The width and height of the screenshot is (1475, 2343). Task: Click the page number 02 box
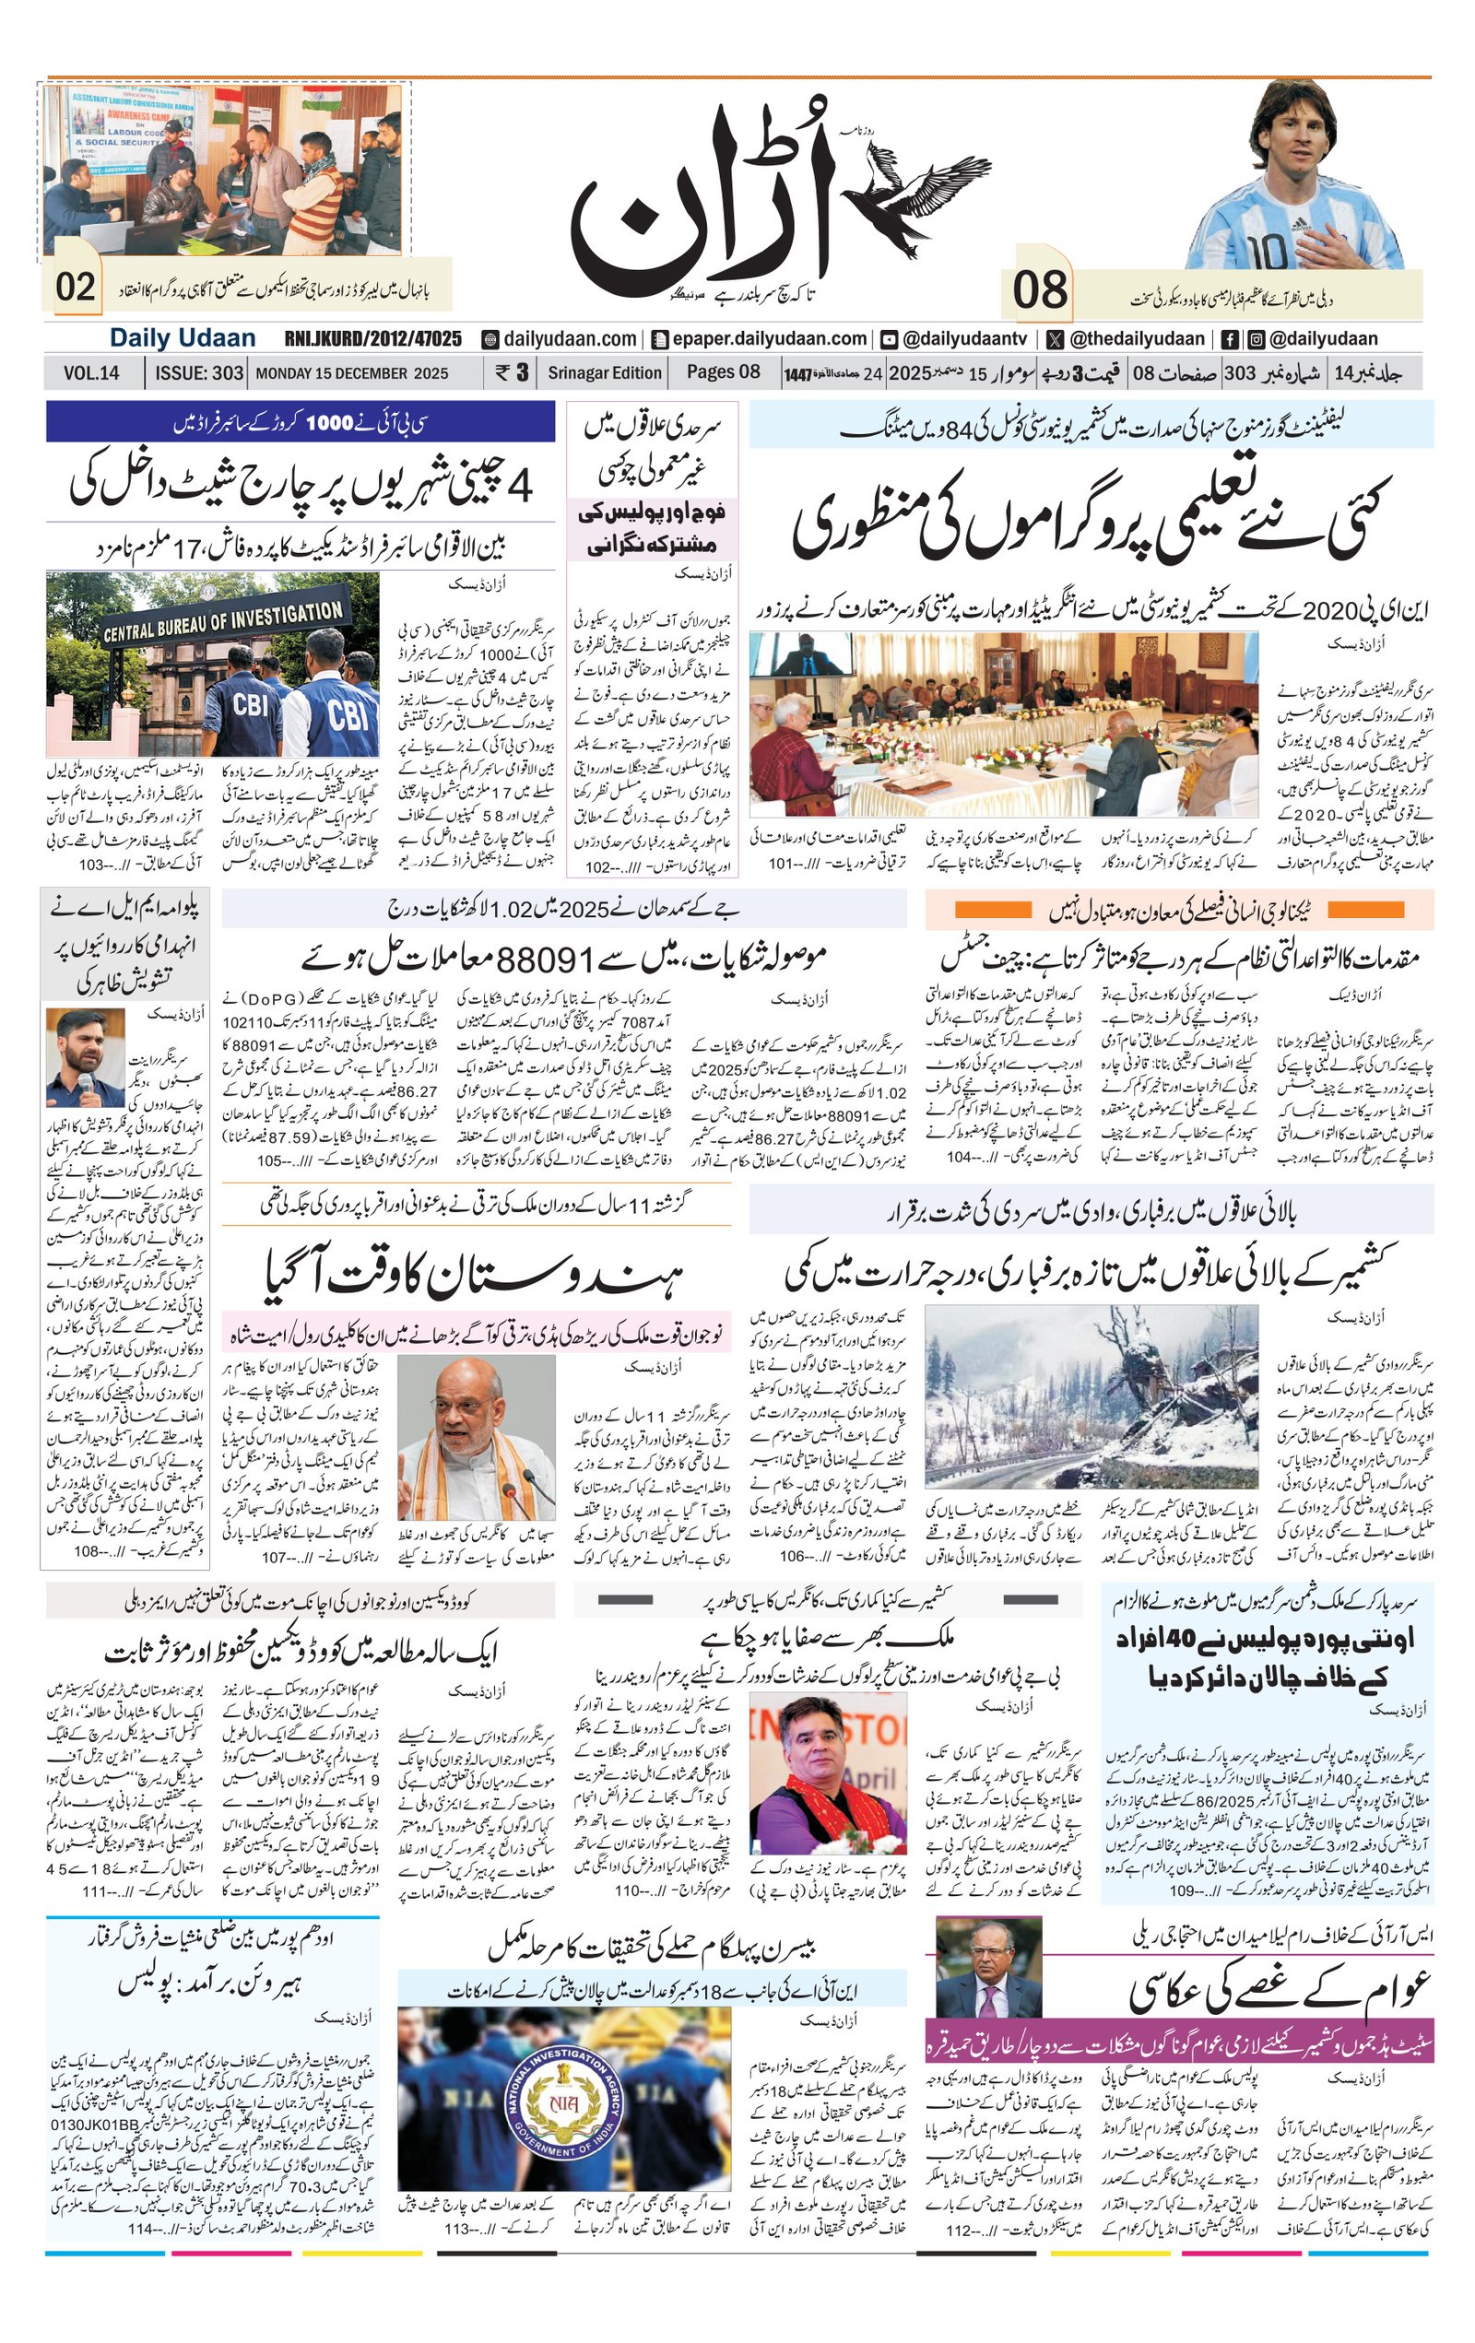click(75, 287)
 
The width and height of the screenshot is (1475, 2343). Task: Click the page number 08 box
click(1039, 290)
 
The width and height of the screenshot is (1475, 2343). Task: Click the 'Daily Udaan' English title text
click(182, 337)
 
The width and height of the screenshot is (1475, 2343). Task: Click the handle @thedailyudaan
click(1137, 338)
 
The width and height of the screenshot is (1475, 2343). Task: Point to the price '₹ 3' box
click(511, 371)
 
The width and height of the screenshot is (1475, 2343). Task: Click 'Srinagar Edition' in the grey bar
click(604, 371)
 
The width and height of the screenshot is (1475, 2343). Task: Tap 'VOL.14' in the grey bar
click(91, 372)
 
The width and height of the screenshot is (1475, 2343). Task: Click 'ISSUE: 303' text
click(199, 372)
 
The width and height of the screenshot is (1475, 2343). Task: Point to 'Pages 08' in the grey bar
click(723, 371)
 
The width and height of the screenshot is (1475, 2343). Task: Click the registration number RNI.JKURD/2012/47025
click(372, 338)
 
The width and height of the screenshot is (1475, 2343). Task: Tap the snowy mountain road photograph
click(1090, 1397)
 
